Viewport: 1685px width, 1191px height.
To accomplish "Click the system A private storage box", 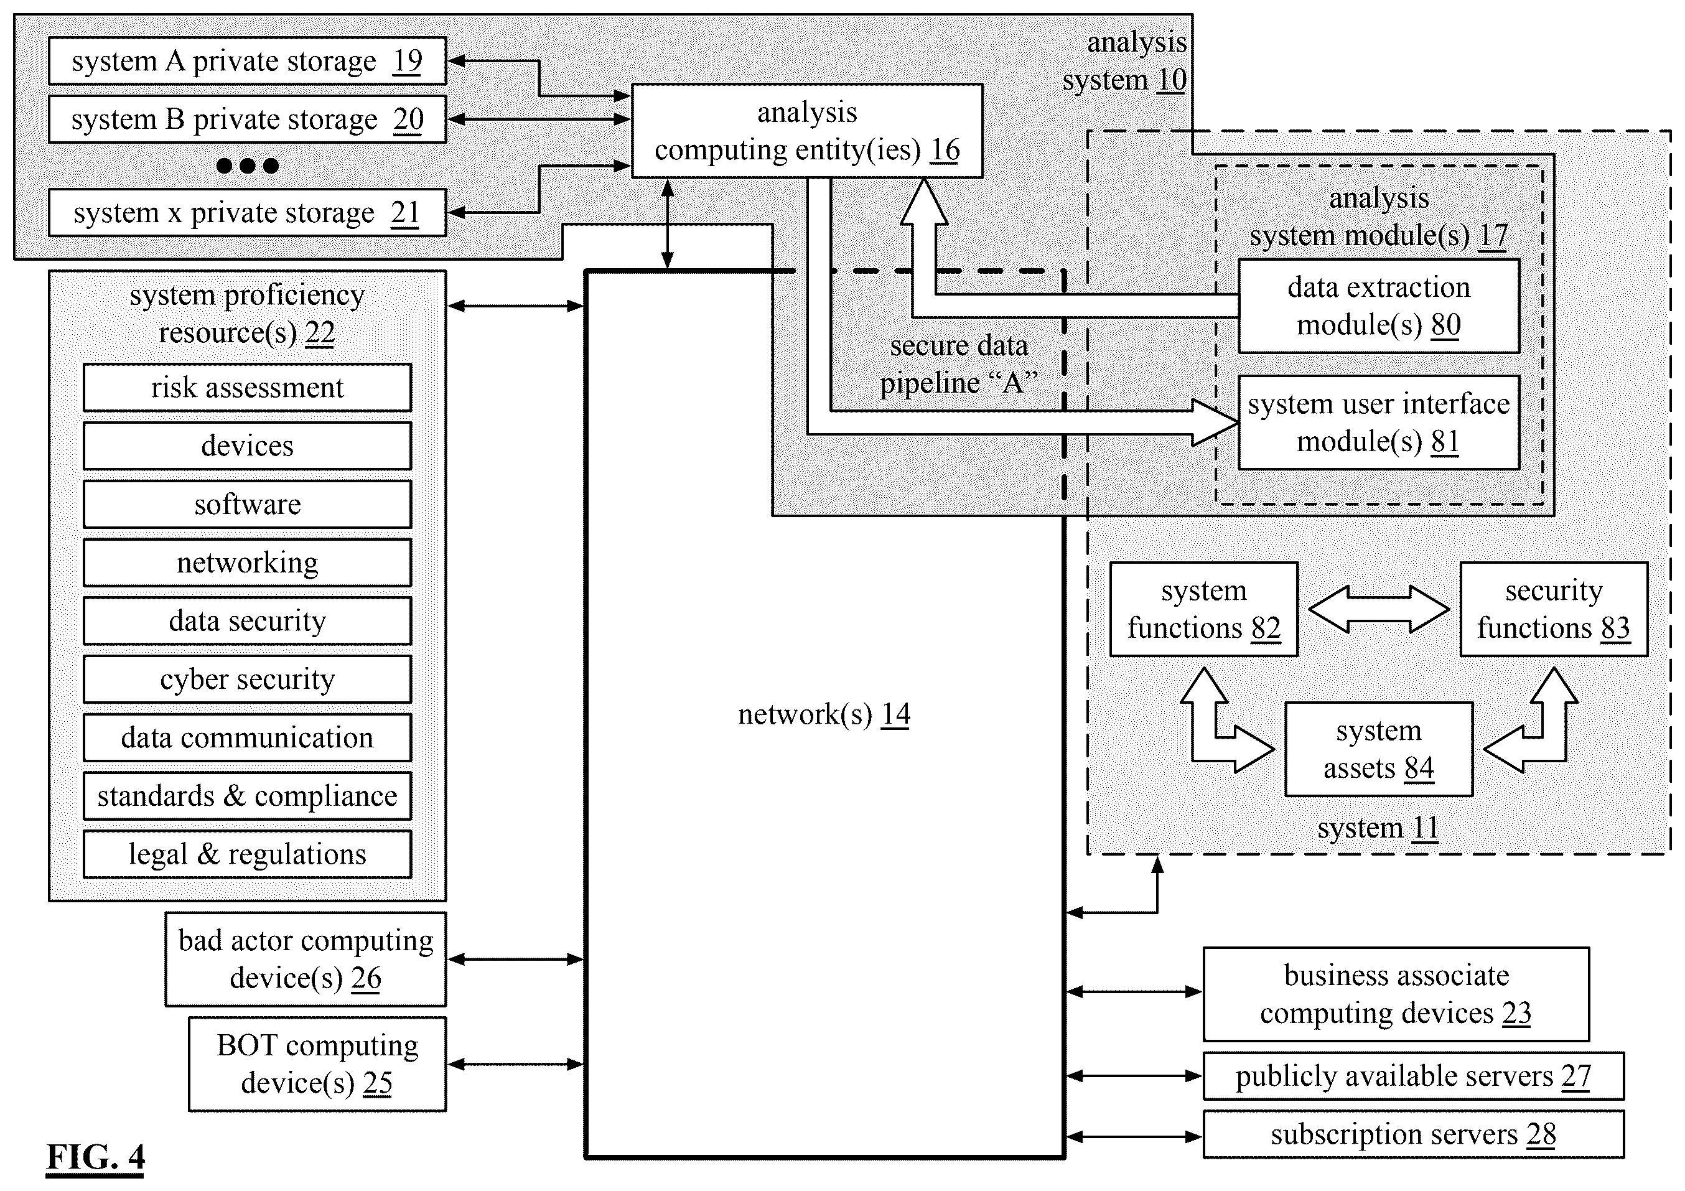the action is point(247,61).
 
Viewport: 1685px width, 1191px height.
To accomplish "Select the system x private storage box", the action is point(247,213).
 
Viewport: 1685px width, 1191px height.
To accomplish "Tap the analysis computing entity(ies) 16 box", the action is point(807,131).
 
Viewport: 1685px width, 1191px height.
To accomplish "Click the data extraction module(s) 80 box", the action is point(1379,306).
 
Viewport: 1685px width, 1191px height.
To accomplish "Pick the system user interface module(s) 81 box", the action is point(1379,423).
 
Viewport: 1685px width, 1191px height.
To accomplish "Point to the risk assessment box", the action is point(247,388).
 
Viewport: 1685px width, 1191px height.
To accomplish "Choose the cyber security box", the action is point(247,680).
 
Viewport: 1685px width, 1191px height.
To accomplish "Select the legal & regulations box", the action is point(247,854).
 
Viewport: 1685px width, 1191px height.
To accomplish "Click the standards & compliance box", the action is point(247,796).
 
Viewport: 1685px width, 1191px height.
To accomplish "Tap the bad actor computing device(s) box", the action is point(306,959).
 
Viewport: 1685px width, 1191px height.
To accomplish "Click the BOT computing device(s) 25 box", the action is point(318,1064).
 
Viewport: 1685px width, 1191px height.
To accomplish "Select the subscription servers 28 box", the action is point(1414,1134).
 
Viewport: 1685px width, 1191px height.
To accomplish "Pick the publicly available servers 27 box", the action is point(1414,1077).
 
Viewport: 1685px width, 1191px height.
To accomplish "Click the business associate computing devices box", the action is point(1396,994).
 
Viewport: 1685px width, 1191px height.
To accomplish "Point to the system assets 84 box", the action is point(1379,749).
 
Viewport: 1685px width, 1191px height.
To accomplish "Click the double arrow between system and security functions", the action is point(1379,609).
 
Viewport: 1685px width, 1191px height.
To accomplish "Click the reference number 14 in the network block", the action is point(895,714).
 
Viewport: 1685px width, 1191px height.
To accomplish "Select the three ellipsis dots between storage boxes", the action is point(247,166).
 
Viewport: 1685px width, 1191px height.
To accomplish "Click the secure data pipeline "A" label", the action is point(959,364).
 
